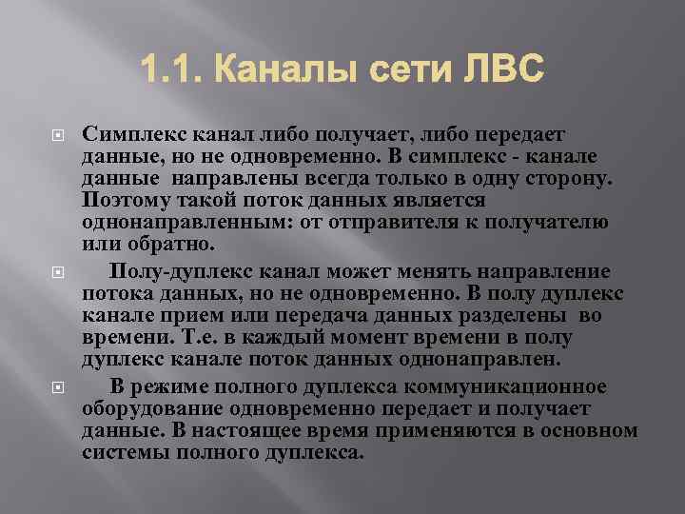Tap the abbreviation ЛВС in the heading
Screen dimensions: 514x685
click(494, 69)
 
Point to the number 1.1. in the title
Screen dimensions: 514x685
click(167, 69)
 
